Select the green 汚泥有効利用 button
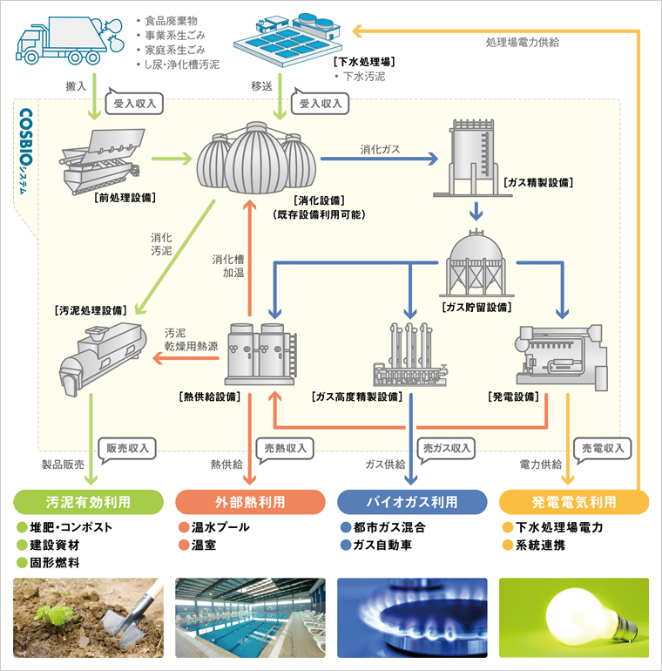coord(89,503)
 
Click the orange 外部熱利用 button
coord(250,503)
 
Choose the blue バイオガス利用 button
coord(411,503)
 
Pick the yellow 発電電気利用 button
coord(573,503)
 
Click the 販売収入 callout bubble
coord(129,448)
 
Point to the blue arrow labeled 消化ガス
coord(379,159)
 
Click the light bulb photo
coord(573,617)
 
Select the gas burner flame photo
coord(411,617)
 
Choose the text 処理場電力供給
coord(523,41)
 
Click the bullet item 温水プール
coord(220,527)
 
